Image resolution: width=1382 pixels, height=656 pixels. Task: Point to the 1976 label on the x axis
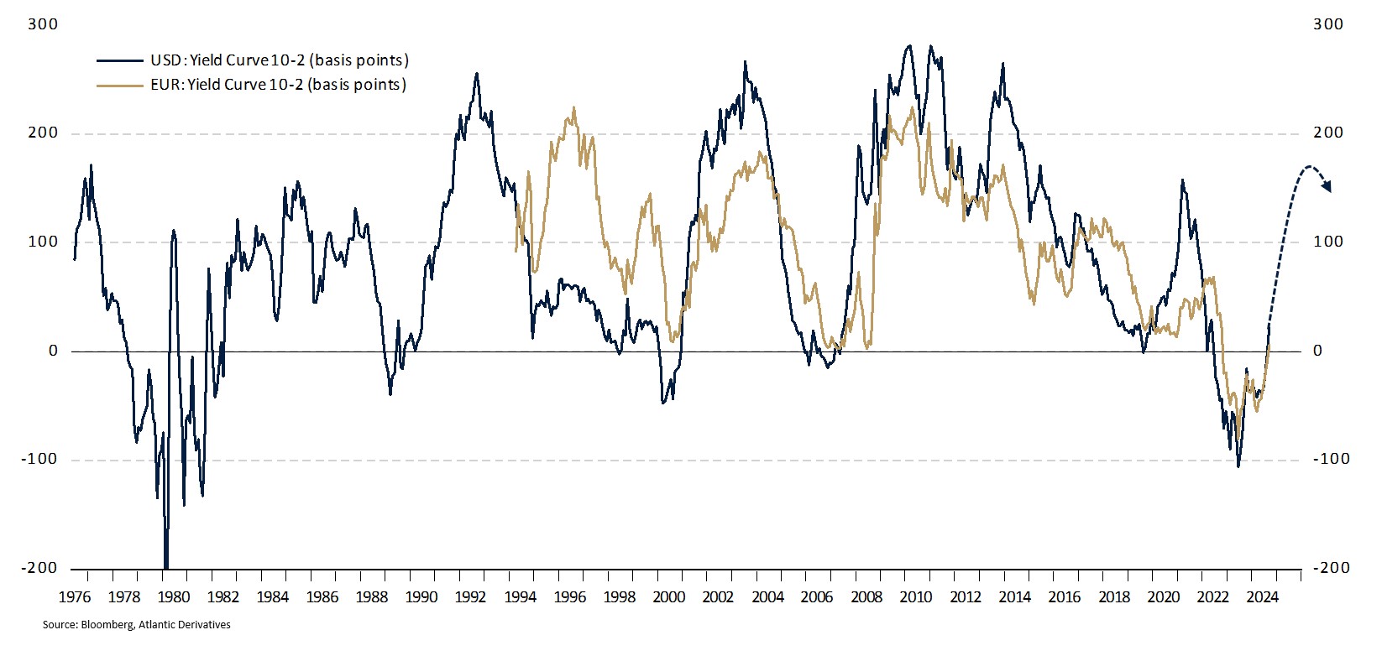75,597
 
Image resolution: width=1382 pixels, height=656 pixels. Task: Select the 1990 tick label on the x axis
421,597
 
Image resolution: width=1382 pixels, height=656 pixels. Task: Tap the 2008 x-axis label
866,597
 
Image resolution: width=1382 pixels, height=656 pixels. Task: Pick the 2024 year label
1262,597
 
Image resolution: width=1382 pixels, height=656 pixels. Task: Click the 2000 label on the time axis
669,597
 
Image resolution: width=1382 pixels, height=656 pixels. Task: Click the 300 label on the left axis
43,24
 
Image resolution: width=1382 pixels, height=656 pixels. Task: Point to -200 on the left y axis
40,568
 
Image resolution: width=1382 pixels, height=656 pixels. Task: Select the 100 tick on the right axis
1328,242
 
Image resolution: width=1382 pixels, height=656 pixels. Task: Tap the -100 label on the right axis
1332,459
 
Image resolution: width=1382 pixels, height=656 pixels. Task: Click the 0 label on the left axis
53,351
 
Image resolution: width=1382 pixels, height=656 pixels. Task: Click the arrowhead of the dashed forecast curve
1327,187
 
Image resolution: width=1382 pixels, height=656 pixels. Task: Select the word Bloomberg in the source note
106,625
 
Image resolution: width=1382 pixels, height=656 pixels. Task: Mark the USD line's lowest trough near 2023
1238,466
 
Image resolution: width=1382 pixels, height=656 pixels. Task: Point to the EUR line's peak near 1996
573,107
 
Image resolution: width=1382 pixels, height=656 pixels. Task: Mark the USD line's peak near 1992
477,73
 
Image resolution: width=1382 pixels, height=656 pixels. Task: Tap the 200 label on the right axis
1328,133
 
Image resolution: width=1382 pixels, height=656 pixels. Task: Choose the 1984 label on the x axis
273,597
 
